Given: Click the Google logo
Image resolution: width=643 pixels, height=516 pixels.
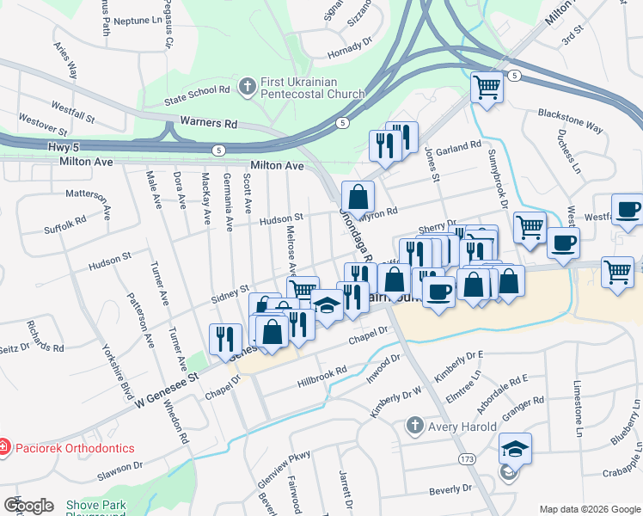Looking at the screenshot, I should coord(28,506).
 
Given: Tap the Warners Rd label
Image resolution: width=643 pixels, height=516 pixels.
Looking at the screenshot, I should coord(208,124).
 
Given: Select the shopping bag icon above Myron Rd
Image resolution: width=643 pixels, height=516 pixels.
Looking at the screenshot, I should coord(358,197).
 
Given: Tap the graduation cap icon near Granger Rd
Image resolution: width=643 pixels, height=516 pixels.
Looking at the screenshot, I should coord(515,448).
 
